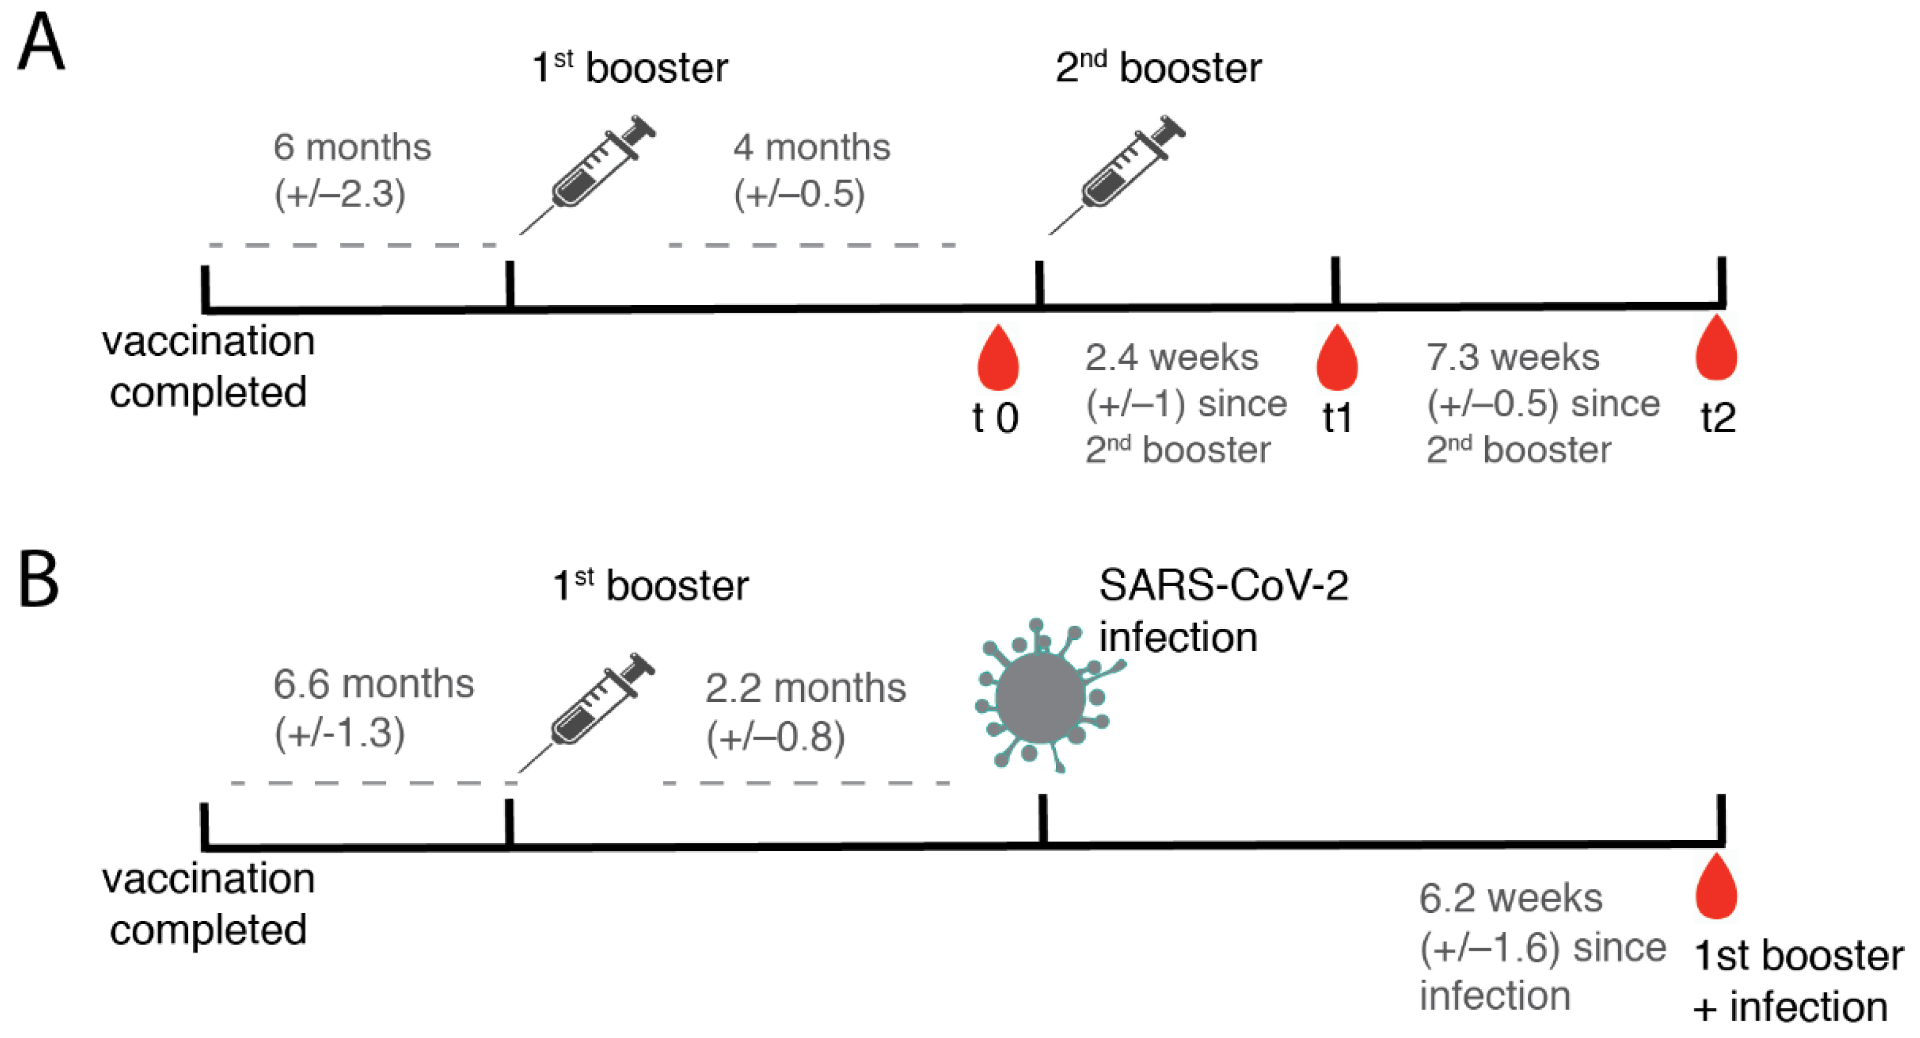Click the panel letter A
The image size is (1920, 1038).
tap(41, 43)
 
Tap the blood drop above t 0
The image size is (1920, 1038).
tap(998, 360)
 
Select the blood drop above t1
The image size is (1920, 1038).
tap(1337, 360)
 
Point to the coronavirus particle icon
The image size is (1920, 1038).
tap(1041, 696)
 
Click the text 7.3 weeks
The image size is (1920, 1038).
tap(1512, 358)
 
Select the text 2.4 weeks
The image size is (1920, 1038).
tap(1171, 358)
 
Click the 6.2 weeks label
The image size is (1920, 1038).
tap(1510, 898)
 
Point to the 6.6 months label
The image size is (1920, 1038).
tap(374, 684)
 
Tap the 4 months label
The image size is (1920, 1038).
tap(811, 147)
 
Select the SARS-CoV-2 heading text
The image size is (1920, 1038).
tap(1223, 586)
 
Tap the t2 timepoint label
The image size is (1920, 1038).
tap(1718, 418)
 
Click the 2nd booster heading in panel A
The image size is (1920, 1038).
tap(1159, 68)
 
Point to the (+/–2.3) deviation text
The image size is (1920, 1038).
tap(340, 194)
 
